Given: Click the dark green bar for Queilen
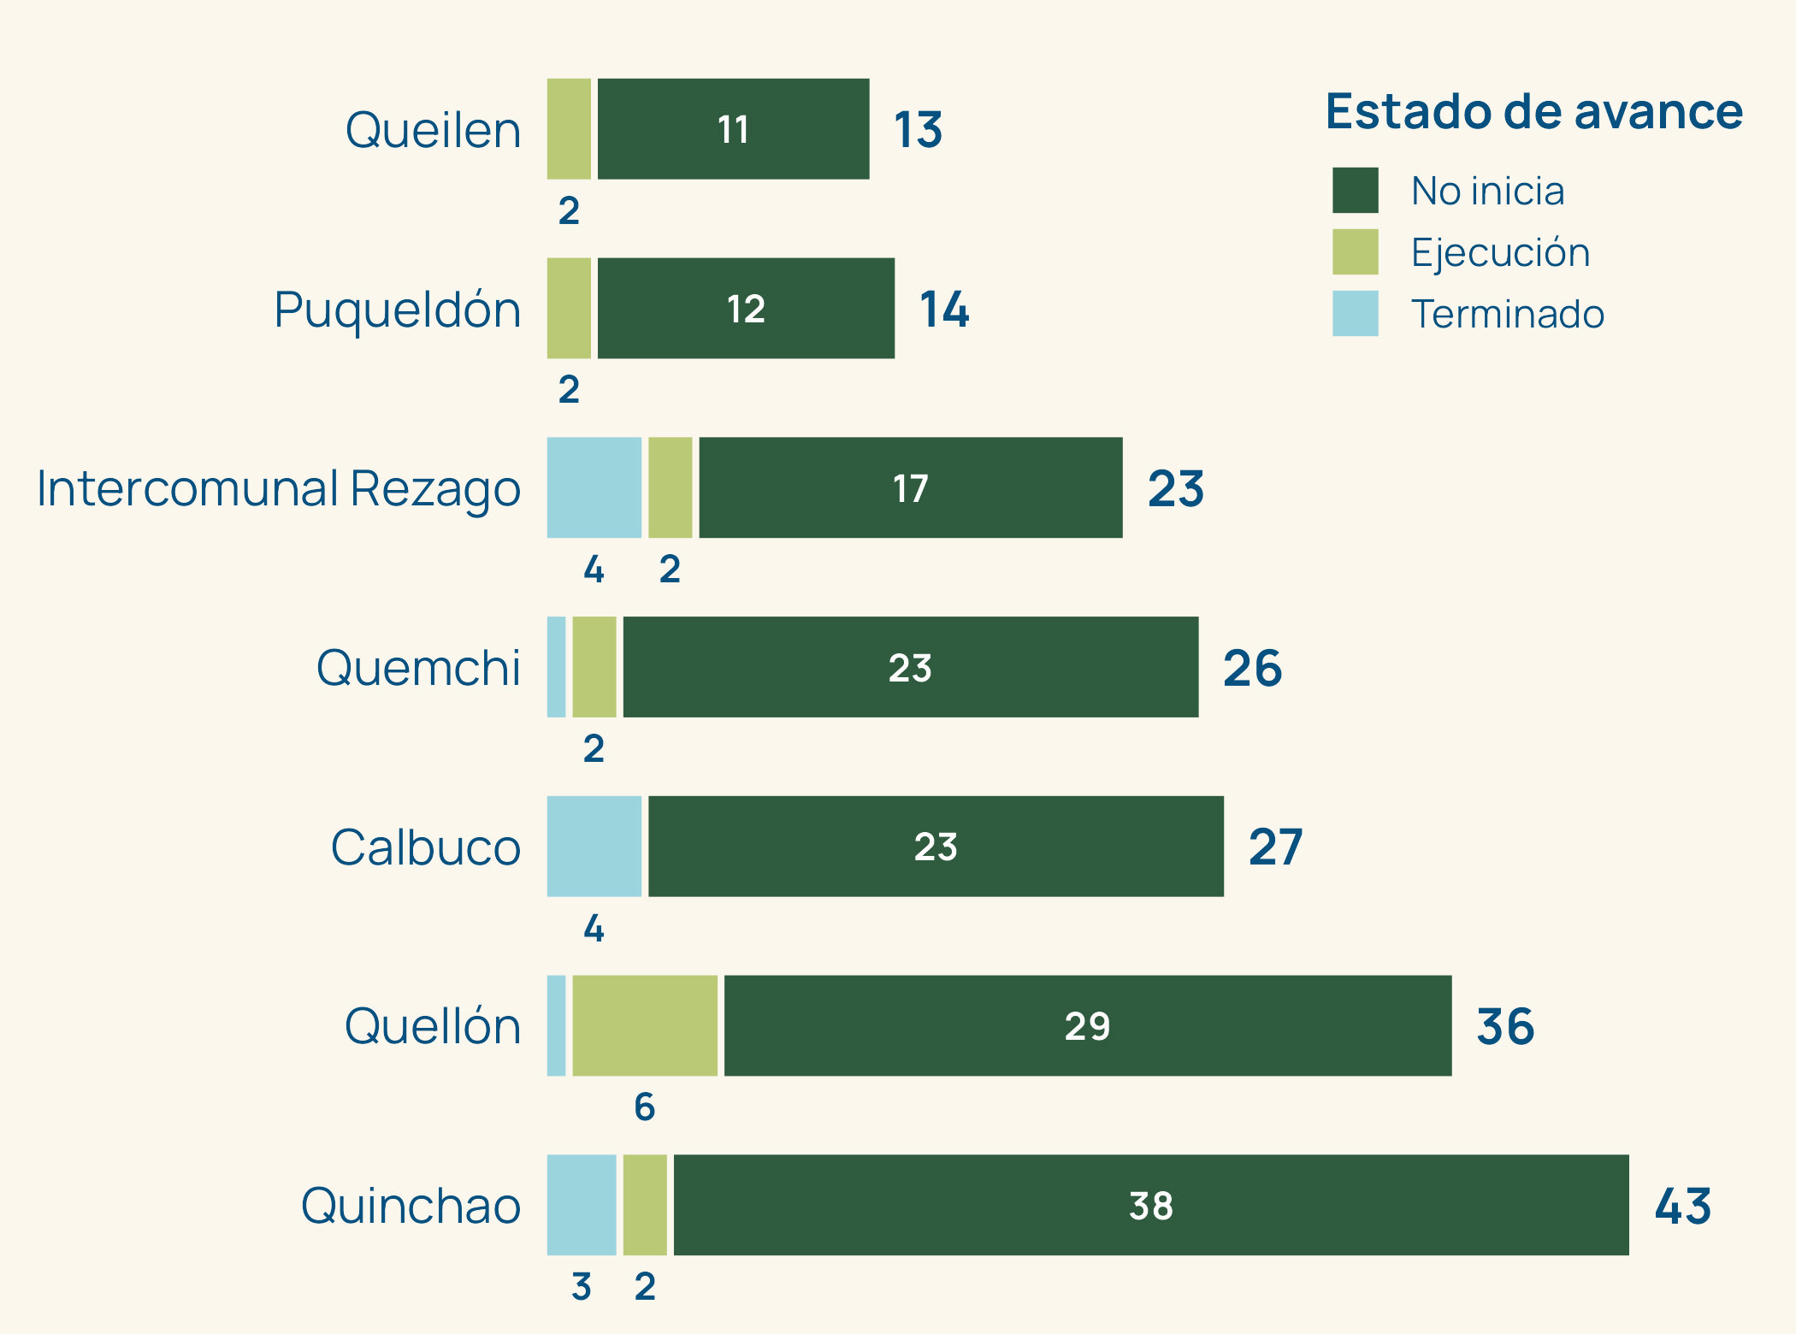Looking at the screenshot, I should [733, 129].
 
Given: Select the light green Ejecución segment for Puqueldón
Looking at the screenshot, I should [569, 308].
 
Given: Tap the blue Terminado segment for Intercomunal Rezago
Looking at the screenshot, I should [594, 487].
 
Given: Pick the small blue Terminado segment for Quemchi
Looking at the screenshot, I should [556, 667].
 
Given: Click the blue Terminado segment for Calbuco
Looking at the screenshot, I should [594, 847].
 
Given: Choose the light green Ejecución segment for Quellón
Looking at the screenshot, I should [645, 1025].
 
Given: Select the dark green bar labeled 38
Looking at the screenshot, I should [1150, 1205].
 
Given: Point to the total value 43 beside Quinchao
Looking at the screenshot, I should [1682, 1206].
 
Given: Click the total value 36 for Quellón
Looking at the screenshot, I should [1505, 1026].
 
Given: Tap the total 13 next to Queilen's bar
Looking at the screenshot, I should [918, 130].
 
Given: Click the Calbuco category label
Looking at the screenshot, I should [425, 847].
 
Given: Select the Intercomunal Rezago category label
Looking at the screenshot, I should [278, 488].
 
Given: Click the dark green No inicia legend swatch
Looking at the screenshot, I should [1355, 190].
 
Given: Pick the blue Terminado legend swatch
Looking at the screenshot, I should [1355, 313].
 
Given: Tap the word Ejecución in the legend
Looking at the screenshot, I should [1500, 252].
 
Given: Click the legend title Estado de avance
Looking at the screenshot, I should [1533, 112].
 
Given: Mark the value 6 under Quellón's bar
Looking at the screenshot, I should [645, 1107].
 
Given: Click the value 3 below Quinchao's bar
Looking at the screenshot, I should [582, 1287].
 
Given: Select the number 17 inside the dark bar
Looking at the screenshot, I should [910, 488].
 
